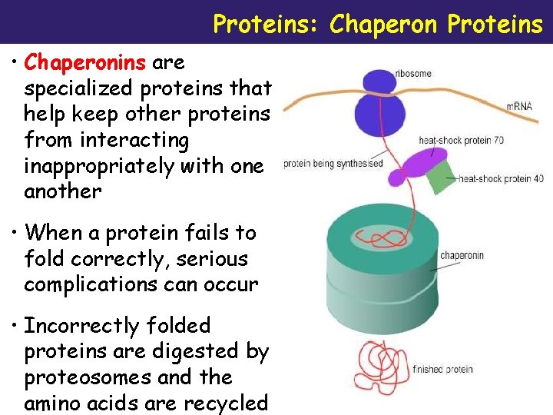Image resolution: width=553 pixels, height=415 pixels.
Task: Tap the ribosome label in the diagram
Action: [413, 74]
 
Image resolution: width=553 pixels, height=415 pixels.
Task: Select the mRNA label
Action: [519, 106]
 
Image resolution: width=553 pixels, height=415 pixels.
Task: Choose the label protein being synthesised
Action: [333, 164]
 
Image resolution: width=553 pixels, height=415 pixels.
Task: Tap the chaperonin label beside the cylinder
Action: [462, 255]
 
